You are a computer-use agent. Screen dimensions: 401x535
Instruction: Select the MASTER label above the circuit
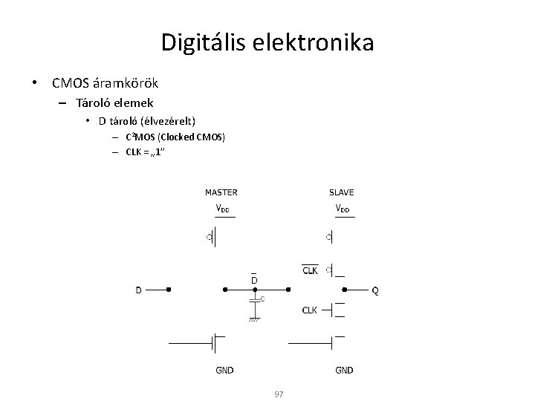[x=221, y=192]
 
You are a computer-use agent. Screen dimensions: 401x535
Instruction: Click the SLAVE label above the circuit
[x=342, y=192]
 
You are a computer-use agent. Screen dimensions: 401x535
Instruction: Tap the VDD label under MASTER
[x=222, y=208]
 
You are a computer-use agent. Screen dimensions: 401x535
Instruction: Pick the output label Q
[x=374, y=290]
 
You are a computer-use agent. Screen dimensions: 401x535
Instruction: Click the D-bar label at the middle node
[x=254, y=279]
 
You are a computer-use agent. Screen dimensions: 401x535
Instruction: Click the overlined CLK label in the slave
[x=311, y=270]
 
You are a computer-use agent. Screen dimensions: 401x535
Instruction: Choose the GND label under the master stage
[x=224, y=370]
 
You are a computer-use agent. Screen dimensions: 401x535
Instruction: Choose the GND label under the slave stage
[x=344, y=370]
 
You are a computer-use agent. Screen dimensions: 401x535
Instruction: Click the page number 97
[x=279, y=394]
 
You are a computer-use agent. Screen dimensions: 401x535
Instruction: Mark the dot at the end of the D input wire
[x=170, y=290]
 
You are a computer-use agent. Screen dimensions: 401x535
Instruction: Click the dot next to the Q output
[x=343, y=290]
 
